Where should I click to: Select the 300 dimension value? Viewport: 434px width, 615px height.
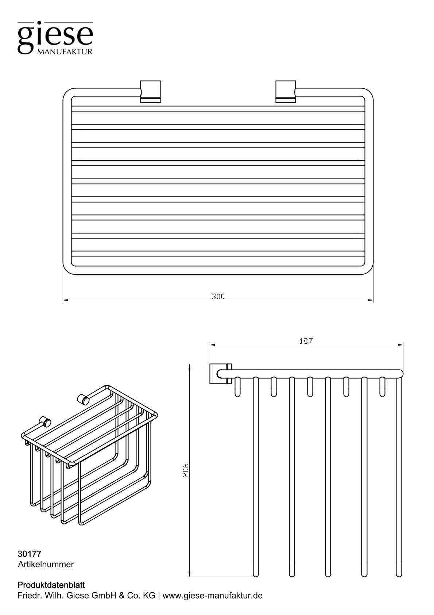point(218,297)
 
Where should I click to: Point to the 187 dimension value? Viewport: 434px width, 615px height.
point(306,341)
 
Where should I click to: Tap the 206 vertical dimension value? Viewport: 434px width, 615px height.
point(185,470)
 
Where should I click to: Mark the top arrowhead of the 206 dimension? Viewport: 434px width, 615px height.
point(189,366)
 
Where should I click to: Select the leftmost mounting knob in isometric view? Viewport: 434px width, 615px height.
point(45,422)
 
